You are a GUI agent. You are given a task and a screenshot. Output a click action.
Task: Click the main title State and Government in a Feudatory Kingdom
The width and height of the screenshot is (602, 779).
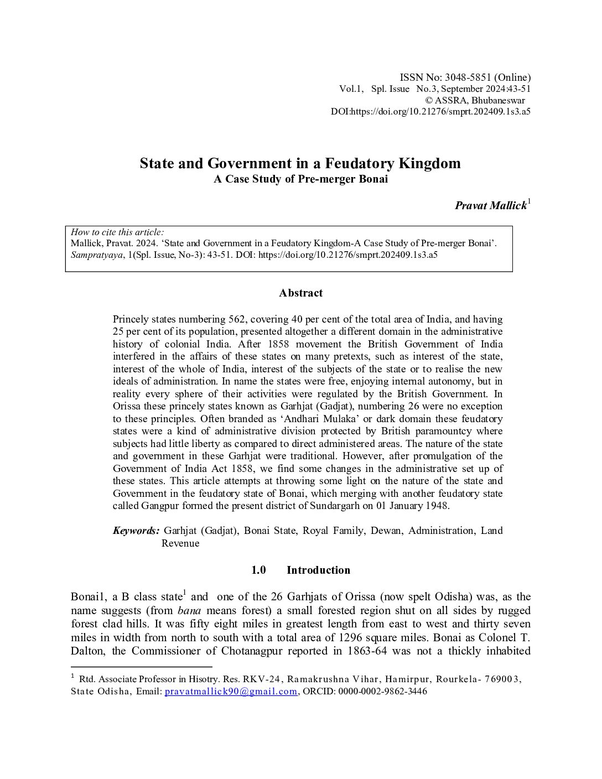tap(300, 163)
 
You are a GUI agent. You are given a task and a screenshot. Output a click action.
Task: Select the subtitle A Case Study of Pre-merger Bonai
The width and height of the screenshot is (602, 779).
tap(300, 180)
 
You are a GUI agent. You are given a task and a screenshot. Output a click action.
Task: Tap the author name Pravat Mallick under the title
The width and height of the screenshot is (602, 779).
tap(490, 206)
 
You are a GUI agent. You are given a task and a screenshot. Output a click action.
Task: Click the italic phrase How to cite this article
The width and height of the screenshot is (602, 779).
tap(117, 232)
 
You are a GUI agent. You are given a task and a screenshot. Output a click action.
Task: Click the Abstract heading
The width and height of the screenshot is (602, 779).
tap(300, 293)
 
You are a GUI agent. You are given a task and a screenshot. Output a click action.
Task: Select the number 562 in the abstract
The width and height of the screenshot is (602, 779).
tap(238, 319)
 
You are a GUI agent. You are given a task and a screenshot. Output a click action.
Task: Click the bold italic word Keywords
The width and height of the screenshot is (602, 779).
tap(136, 531)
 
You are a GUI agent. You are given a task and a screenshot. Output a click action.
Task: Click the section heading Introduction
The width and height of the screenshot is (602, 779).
tap(318, 570)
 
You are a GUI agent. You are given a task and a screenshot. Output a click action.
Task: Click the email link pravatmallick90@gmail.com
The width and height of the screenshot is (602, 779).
tap(231, 692)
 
